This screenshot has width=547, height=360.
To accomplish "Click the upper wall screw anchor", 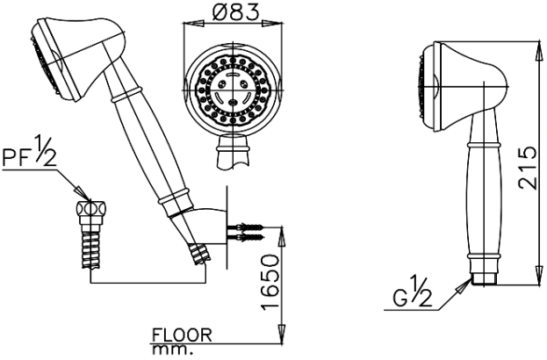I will (x=247, y=226).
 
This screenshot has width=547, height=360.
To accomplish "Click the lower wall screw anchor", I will (x=247, y=236).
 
